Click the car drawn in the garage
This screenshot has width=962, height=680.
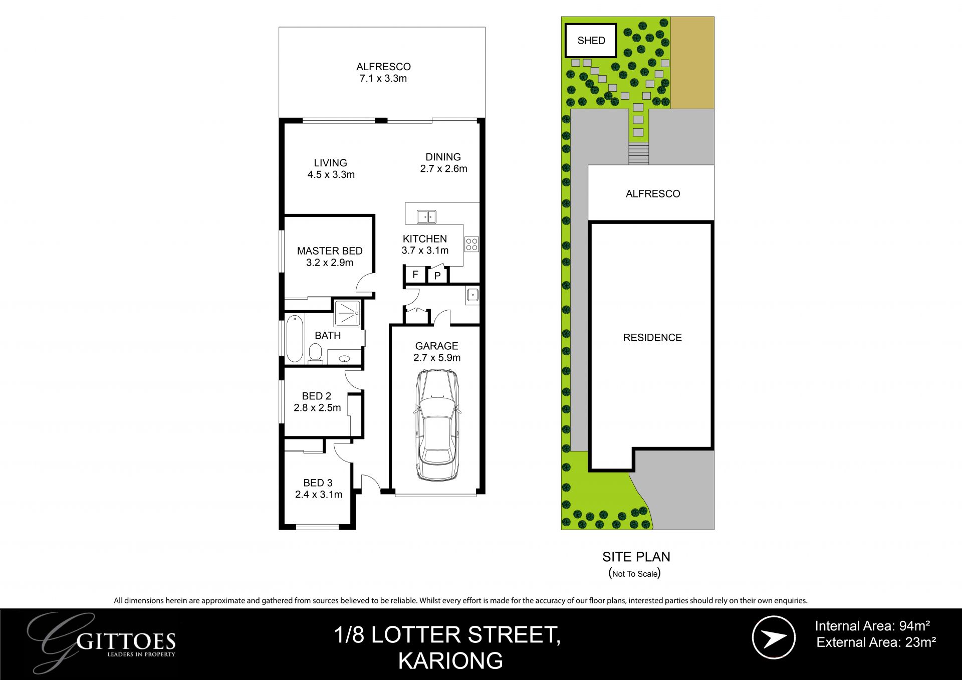click(436, 425)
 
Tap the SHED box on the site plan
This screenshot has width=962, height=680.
click(591, 40)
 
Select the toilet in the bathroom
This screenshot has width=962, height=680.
click(315, 352)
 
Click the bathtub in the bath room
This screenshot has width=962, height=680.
click(295, 338)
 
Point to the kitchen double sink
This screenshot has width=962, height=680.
click(426, 216)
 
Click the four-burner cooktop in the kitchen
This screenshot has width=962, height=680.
click(471, 244)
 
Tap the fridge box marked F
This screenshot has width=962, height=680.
click(415, 275)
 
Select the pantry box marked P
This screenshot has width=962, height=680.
click(437, 275)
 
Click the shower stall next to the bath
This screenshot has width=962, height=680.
click(347, 313)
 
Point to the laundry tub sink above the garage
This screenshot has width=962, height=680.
click(472, 295)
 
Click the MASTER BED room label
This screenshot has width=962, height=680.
click(330, 251)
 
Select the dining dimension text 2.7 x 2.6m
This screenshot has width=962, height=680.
click(443, 169)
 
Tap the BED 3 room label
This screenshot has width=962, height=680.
click(318, 483)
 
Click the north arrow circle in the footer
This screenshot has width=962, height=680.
click(774, 637)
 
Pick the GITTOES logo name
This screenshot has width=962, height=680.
click(127, 641)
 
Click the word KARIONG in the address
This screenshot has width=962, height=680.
click(450, 661)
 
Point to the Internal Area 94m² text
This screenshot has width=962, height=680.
click(872, 626)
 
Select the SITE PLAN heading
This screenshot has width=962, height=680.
click(636, 557)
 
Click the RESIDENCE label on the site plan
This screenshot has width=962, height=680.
click(652, 338)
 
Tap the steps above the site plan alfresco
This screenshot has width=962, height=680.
click(638, 153)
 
